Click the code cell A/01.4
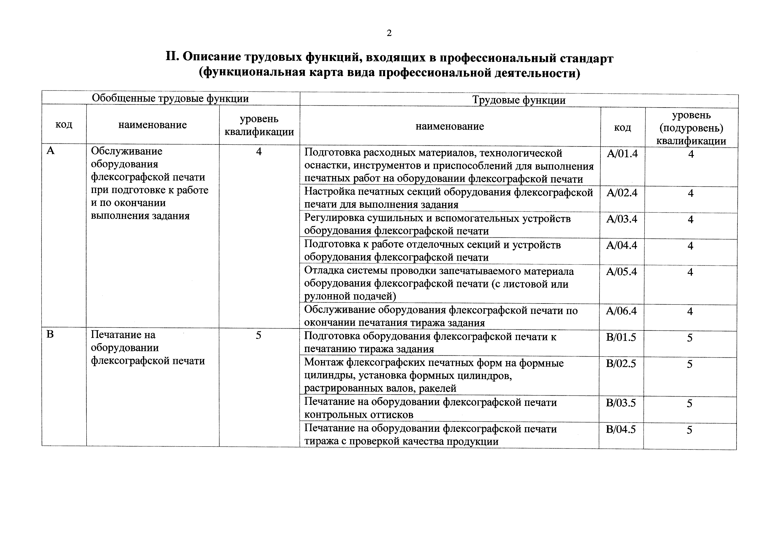pos(622,154)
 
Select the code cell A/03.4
pos(622,219)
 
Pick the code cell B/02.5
pos(621,363)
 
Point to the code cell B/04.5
pos(621,429)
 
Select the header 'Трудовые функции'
pos(519,100)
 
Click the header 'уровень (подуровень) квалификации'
pos(691,128)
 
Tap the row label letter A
pos(51,151)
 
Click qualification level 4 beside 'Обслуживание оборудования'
pos(259,151)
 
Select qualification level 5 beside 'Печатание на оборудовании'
pos(259,336)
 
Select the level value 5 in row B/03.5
pos(689,403)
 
